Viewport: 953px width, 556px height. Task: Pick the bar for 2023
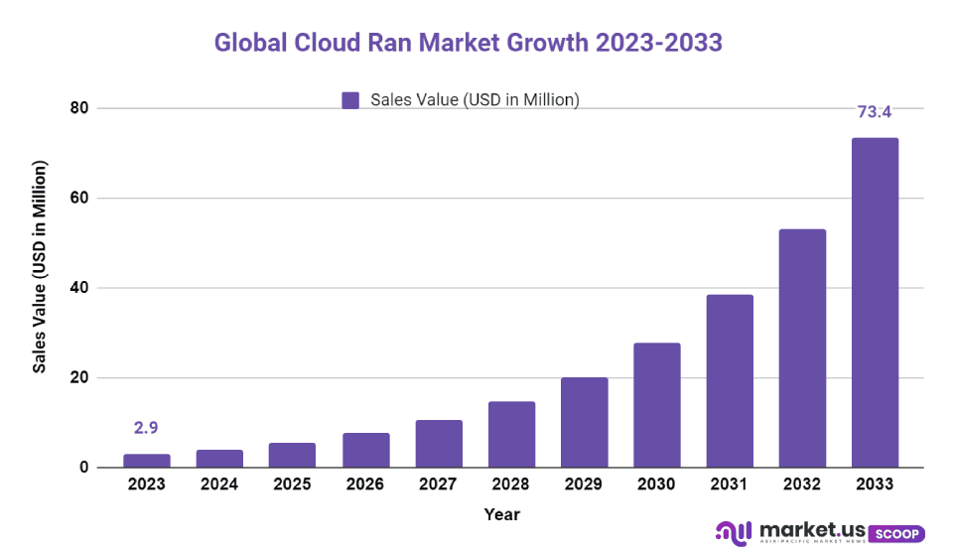pyautogui.click(x=147, y=461)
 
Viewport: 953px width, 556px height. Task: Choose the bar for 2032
pyautogui.click(x=802, y=348)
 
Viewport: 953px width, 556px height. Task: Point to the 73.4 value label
pyautogui.click(x=876, y=112)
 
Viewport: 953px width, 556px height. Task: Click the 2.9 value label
pyautogui.click(x=147, y=428)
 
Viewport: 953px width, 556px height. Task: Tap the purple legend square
pyautogui.click(x=349, y=99)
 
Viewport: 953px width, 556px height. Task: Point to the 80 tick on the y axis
pyautogui.click(x=78, y=108)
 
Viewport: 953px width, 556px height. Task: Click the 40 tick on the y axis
pyautogui.click(x=78, y=288)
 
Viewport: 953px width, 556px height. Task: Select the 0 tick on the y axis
pyautogui.click(x=83, y=468)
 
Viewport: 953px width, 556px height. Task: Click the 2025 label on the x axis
pyautogui.click(x=292, y=485)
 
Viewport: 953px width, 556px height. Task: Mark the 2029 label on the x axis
pyautogui.click(x=584, y=485)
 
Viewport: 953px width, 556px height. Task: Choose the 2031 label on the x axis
pyautogui.click(x=729, y=485)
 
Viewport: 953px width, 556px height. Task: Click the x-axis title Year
pyautogui.click(x=501, y=514)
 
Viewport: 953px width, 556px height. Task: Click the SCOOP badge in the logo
pyautogui.click(x=899, y=533)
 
